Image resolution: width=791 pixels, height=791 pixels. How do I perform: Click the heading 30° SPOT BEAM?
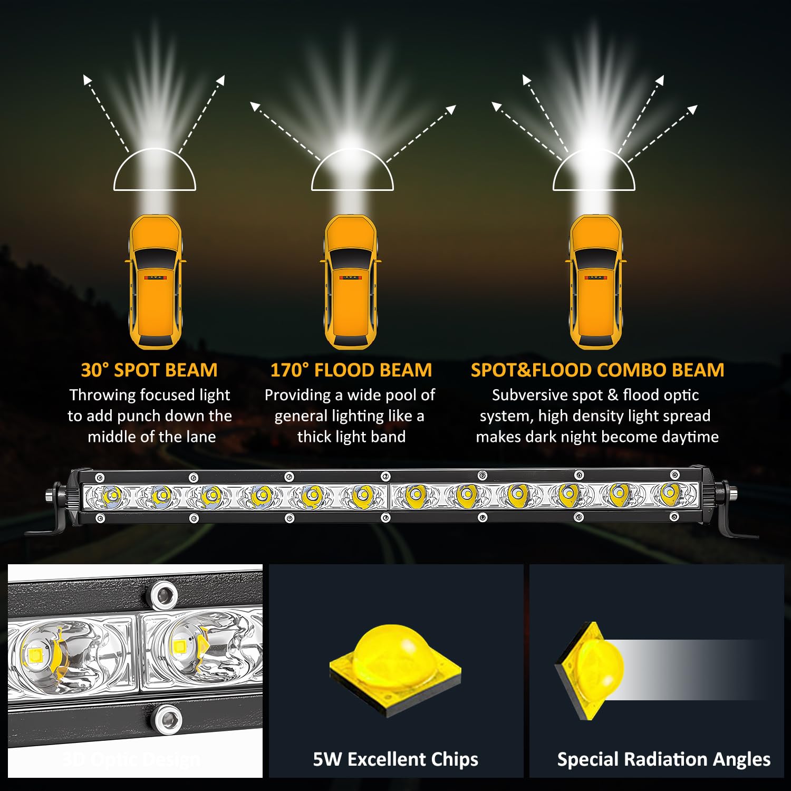(149, 370)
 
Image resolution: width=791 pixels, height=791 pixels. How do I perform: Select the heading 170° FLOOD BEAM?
(351, 370)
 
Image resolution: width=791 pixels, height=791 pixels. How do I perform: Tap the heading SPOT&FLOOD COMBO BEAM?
(597, 370)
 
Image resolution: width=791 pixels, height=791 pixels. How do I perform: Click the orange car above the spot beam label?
(156, 282)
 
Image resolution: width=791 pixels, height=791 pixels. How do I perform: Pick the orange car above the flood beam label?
(351, 282)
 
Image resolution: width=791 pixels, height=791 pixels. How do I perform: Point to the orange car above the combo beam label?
(596, 282)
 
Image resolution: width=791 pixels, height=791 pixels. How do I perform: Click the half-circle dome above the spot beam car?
(155, 171)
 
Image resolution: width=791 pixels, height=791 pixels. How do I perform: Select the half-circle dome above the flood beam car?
(352, 171)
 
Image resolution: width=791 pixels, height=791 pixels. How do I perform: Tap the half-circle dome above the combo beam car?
(594, 171)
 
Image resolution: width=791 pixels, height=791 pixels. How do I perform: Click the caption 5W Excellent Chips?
(395, 759)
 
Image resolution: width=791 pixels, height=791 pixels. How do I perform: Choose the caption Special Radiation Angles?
(663, 759)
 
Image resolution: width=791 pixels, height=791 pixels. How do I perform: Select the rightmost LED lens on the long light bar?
(669, 493)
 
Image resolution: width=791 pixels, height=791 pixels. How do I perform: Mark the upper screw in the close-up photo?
(165, 595)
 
